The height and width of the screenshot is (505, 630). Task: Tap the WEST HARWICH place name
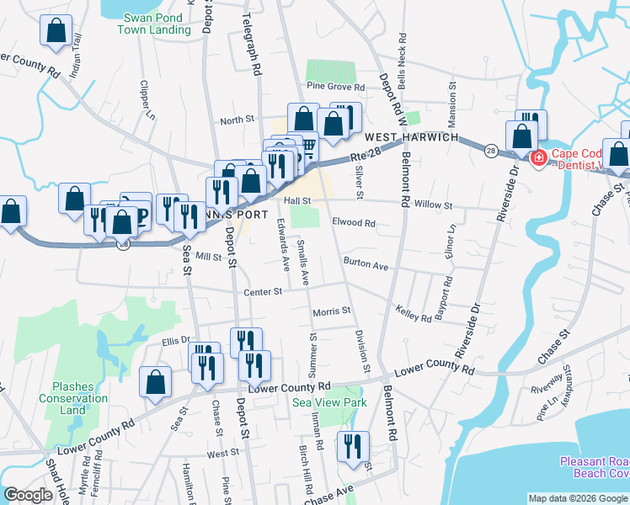[x=411, y=137]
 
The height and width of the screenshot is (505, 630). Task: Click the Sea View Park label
[x=328, y=403]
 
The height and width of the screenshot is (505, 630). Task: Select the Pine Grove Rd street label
[x=335, y=87]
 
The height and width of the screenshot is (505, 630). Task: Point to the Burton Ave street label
[x=365, y=265]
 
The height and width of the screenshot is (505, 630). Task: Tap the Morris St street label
[x=331, y=311]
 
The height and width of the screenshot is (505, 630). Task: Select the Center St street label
[x=262, y=292]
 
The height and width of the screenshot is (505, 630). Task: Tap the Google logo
[x=28, y=495]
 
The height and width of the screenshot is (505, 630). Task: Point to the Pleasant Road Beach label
[x=595, y=467]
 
